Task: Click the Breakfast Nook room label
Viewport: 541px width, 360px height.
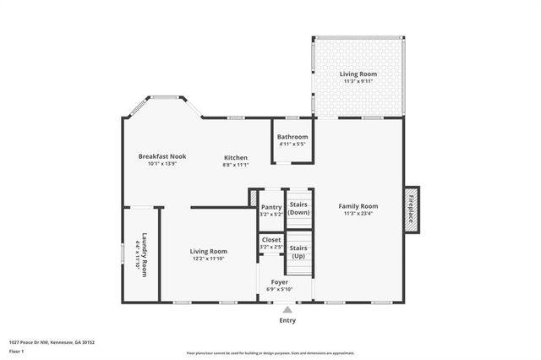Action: (x=162, y=156)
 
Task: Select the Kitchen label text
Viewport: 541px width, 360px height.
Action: (x=235, y=157)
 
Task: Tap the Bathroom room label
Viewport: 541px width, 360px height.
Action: (x=292, y=137)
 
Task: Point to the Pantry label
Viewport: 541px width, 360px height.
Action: (x=271, y=206)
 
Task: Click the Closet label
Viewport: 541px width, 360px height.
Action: (x=271, y=239)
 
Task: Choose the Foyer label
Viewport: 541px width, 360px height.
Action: (x=279, y=282)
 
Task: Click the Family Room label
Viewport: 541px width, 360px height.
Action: (x=358, y=206)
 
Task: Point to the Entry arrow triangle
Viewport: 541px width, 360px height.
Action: (x=287, y=310)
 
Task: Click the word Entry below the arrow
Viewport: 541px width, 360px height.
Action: (x=287, y=321)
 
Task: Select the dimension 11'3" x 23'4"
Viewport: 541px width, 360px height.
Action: (x=358, y=214)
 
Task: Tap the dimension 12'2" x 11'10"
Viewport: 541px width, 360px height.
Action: (x=208, y=259)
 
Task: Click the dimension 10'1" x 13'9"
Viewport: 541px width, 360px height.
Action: (x=162, y=164)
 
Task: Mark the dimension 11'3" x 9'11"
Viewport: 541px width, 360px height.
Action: (x=358, y=82)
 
